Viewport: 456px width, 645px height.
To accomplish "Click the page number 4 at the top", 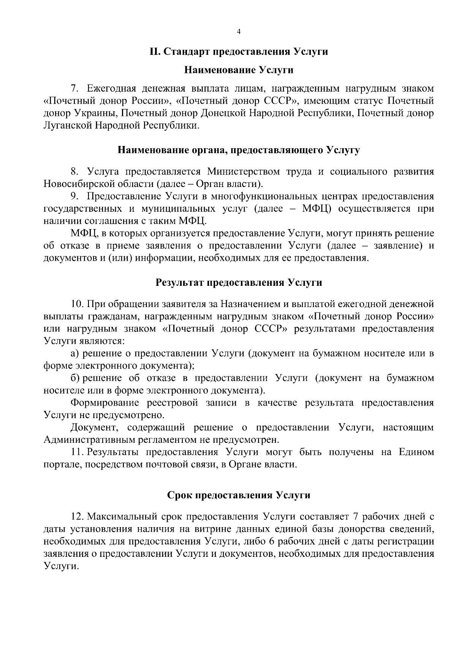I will pyautogui.click(x=239, y=32).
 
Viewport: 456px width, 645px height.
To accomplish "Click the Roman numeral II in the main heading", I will pyautogui.click(x=155, y=52).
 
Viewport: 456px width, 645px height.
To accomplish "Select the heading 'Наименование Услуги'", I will pyautogui.click(x=239, y=70).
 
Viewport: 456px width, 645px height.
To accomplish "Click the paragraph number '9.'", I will pyautogui.click(x=75, y=196).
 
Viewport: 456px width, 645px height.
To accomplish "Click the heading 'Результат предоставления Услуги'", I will pyautogui.click(x=239, y=282).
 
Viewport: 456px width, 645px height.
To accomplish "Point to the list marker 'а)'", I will pyautogui.click(x=75, y=353).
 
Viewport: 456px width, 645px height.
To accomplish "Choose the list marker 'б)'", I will pyautogui.click(x=74, y=378).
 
